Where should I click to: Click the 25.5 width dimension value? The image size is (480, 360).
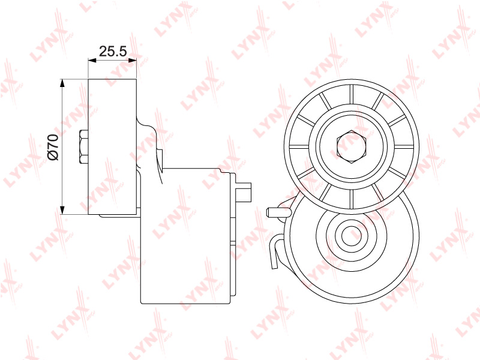click(x=113, y=51)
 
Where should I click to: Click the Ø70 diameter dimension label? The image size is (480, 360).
click(x=53, y=146)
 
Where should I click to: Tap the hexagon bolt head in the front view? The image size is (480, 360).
click(x=352, y=146)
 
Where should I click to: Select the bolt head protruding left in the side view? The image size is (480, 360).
click(x=83, y=146)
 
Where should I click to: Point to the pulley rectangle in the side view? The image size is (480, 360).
click(x=112, y=146)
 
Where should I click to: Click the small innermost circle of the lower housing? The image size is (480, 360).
click(x=352, y=236)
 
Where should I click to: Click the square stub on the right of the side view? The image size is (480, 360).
click(x=244, y=192)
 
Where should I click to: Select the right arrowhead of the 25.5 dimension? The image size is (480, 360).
click(x=133, y=61)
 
